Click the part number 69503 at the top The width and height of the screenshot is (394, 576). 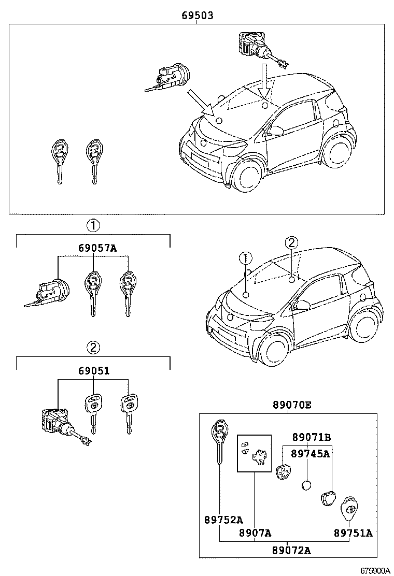[x=198, y=16]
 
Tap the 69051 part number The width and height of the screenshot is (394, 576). [x=93, y=371]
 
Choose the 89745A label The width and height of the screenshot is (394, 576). [x=311, y=454]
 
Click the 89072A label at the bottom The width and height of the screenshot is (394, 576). [x=291, y=550]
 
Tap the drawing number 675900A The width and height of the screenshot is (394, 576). [x=375, y=570]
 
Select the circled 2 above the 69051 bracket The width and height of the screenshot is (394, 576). [x=93, y=347]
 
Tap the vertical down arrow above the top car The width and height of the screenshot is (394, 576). [x=265, y=80]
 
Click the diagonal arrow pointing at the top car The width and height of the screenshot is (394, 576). [x=202, y=102]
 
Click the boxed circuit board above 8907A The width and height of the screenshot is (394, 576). [x=254, y=453]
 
